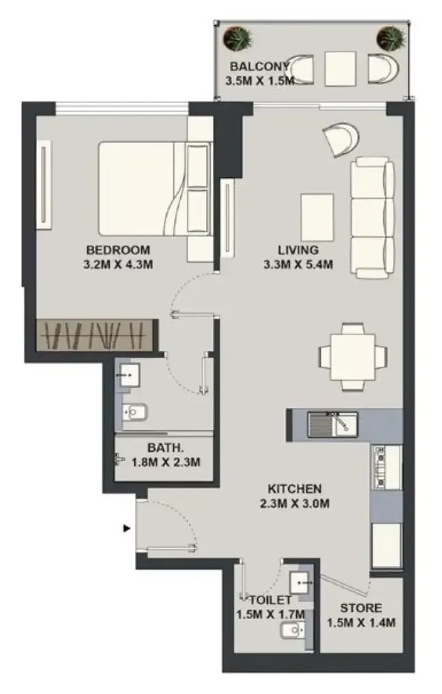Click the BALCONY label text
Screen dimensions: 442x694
click(259, 66)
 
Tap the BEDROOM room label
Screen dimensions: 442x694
click(118, 250)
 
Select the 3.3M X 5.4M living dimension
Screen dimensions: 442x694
click(298, 265)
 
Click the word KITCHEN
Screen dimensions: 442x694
click(295, 488)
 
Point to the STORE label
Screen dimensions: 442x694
click(361, 608)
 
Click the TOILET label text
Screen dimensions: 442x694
click(270, 600)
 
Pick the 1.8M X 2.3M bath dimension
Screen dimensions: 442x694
click(166, 462)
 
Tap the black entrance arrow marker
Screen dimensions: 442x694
click(127, 528)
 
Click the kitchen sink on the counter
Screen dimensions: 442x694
click(333, 425)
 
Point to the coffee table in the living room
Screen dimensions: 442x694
click(317, 217)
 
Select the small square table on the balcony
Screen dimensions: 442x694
click(340, 69)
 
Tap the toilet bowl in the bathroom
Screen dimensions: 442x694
click(134, 413)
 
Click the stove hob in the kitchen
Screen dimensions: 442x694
click(380, 467)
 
